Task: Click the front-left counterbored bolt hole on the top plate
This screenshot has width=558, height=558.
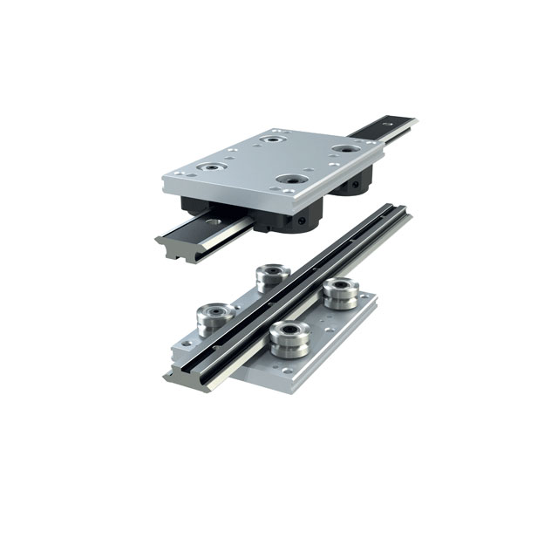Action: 210,165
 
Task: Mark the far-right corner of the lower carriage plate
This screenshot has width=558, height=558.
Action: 377,296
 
